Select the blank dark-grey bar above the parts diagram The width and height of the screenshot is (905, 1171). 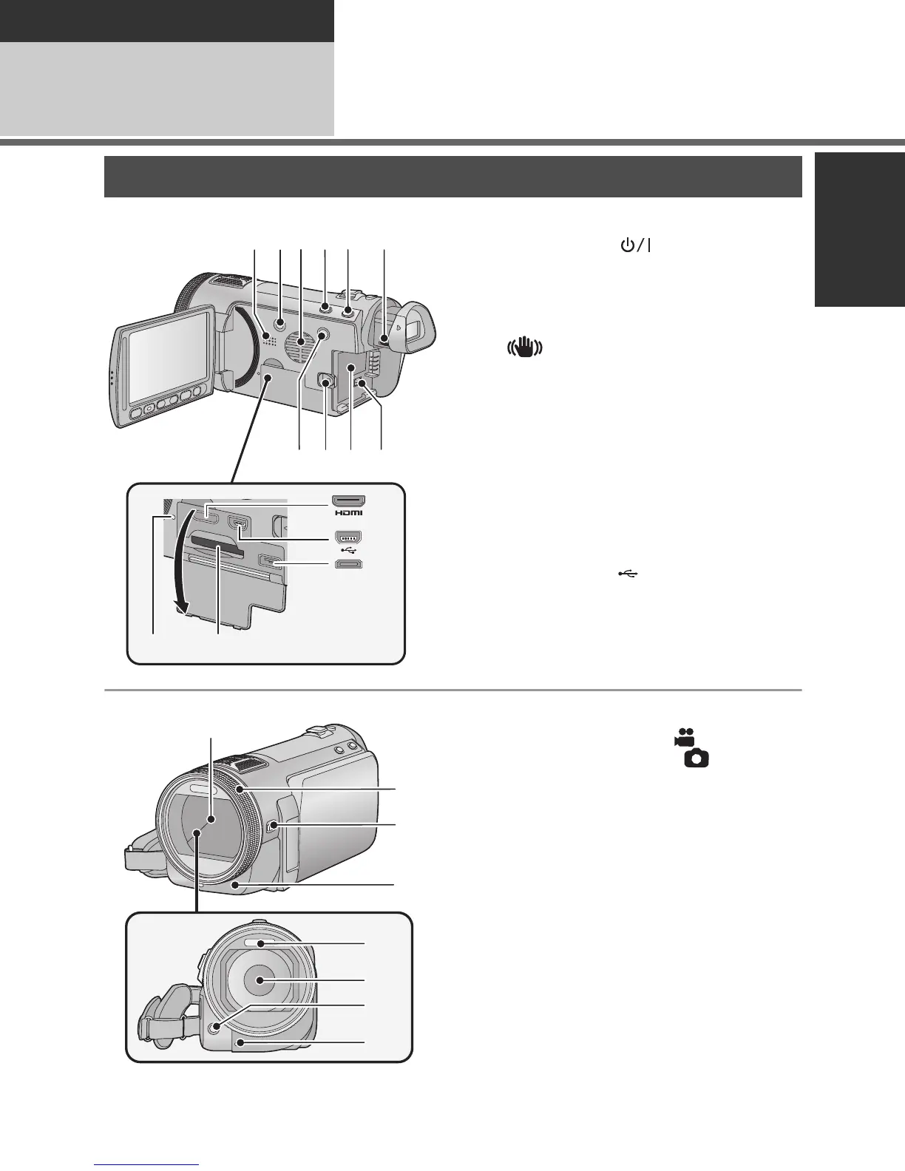point(452,176)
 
